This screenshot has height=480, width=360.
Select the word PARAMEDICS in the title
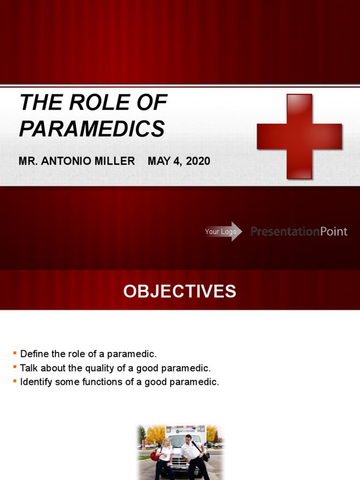point(92,129)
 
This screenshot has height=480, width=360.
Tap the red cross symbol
point(299,136)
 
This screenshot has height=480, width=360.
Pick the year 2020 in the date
point(198,161)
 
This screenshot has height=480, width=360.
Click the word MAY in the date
point(158,161)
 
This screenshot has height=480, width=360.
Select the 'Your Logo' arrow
point(223,232)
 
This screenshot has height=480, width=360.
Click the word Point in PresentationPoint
point(334,232)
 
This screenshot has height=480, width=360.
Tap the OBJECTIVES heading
point(180,292)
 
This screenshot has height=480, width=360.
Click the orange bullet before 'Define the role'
point(15,352)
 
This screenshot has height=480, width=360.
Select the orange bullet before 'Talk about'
point(15,367)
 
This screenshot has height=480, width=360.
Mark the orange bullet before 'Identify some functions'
point(15,381)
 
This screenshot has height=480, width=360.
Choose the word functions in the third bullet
point(102,382)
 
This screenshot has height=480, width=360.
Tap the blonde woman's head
point(166,442)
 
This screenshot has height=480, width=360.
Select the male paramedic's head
point(188,439)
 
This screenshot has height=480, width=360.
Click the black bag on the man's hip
point(205,457)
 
